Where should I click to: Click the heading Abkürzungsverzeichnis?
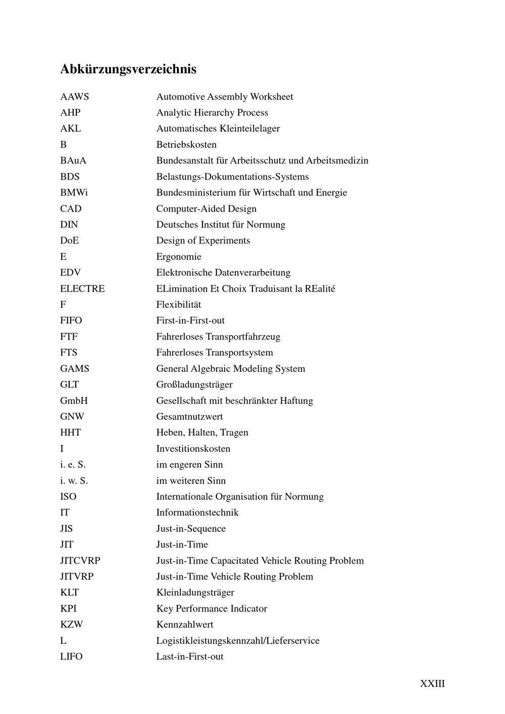[x=128, y=69]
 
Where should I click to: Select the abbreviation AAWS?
[x=74, y=96]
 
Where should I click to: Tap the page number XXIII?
[x=432, y=683]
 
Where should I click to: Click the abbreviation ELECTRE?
[x=82, y=289]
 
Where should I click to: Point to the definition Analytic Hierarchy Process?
[x=212, y=113]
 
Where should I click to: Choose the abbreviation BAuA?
[x=73, y=160]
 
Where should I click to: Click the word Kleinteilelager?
[x=249, y=129]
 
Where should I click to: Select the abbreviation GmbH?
[x=74, y=401]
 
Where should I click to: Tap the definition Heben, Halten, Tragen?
[x=202, y=432]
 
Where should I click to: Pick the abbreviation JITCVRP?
[x=80, y=561]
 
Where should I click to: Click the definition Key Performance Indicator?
[x=212, y=609]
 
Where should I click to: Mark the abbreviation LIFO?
[x=71, y=656]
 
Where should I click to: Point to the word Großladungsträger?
[x=194, y=385]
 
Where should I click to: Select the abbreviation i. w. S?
[x=74, y=480]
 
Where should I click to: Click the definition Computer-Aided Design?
[x=206, y=208]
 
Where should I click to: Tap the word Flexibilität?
[x=179, y=305]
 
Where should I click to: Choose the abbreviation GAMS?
[x=75, y=368]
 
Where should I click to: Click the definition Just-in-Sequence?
[x=191, y=528]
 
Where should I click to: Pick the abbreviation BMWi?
[x=74, y=192]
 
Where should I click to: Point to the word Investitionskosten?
[x=193, y=449]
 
